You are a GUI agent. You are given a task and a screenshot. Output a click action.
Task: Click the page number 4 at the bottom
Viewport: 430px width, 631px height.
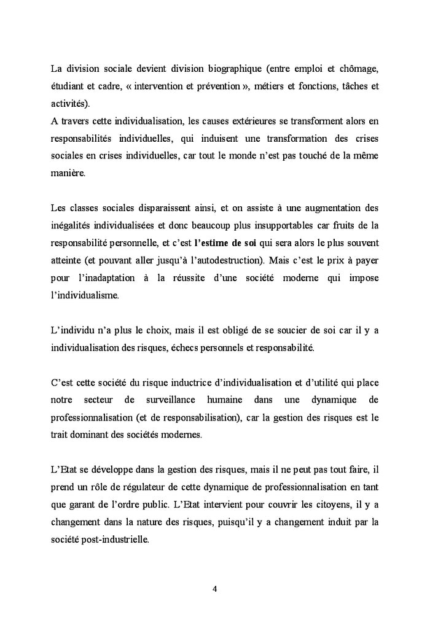point(214,589)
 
